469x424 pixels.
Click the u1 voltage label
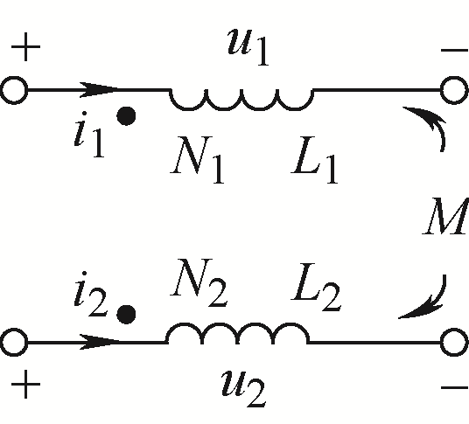pyautogui.click(x=248, y=47)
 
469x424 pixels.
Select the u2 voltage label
pyautogui.click(x=243, y=387)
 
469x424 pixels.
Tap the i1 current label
pyautogui.click(x=89, y=134)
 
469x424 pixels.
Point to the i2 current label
pyautogui.click(x=91, y=294)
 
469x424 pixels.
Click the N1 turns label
pyautogui.click(x=197, y=159)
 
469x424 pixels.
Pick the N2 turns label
pyautogui.click(x=199, y=282)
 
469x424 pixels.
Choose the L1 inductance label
pyautogui.click(x=314, y=160)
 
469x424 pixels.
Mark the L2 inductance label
pyautogui.click(x=316, y=286)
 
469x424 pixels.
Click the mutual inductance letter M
pyautogui.click(x=445, y=216)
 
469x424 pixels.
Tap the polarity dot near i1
pyautogui.click(x=126, y=116)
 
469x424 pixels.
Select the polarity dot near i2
pyautogui.click(x=126, y=315)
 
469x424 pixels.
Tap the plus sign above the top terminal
pyautogui.click(x=25, y=47)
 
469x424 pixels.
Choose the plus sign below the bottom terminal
pyautogui.click(x=25, y=385)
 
